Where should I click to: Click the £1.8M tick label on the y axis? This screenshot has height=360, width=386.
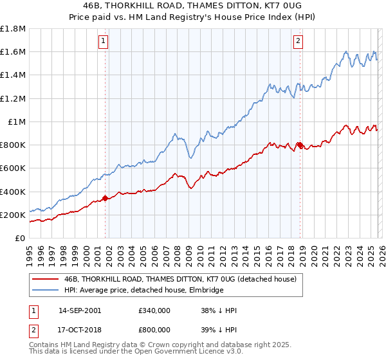13,29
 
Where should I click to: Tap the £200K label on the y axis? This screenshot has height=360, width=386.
12,215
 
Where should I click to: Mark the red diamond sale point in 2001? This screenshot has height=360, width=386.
105,199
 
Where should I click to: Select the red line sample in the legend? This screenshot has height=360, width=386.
45,280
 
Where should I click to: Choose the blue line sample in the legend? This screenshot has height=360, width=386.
45,291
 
